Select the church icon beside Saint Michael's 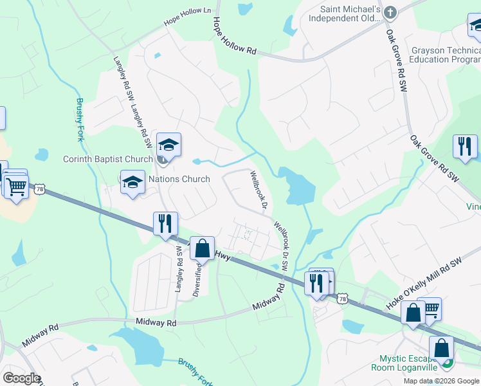point(390,12)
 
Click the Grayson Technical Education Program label point(446,55)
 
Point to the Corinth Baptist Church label point(107,159)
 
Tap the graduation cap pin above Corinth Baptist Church point(168,146)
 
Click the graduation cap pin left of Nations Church point(132,183)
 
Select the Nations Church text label point(179,179)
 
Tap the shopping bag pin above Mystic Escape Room point(442,349)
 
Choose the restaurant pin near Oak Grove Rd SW point(464,147)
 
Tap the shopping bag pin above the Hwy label point(203,249)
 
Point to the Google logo point(21,378)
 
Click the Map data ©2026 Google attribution point(441,381)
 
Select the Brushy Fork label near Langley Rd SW point(80,120)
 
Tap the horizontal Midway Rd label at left point(156,322)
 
